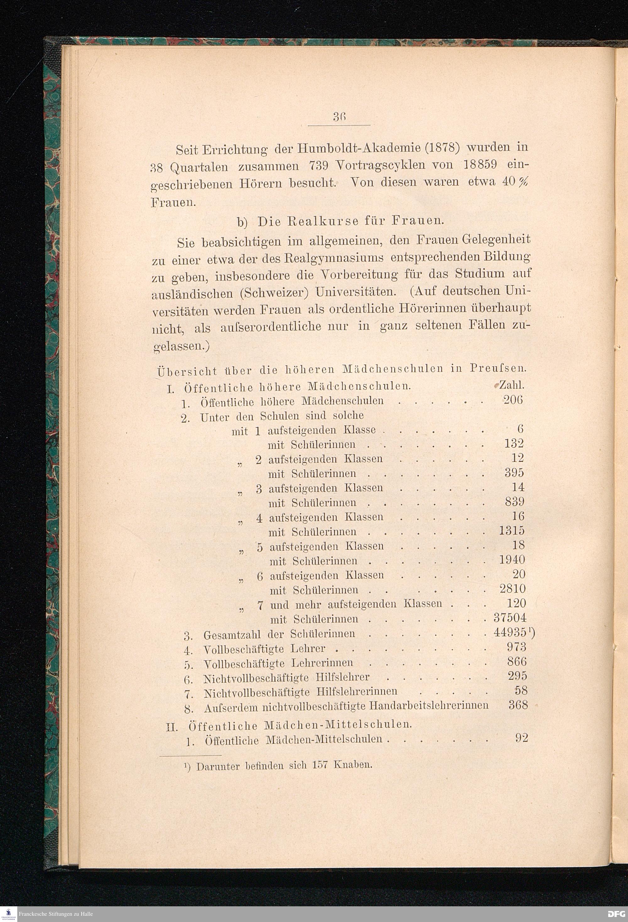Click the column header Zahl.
point(512,385)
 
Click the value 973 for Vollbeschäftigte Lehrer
point(517,647)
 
